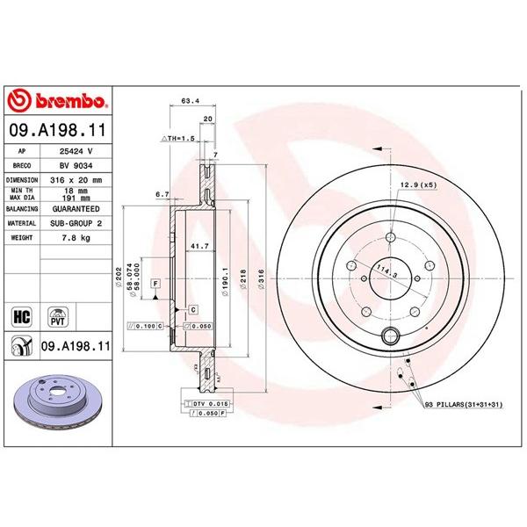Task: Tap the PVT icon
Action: [x=59, y=314]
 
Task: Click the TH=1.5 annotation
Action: [x=179, y=140]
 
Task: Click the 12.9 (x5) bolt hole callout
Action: [x=418, y=184]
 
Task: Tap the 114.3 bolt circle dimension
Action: [x=384, y=273]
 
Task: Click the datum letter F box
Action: [x=155, y=285]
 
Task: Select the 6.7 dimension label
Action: [x=161, y=194]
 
